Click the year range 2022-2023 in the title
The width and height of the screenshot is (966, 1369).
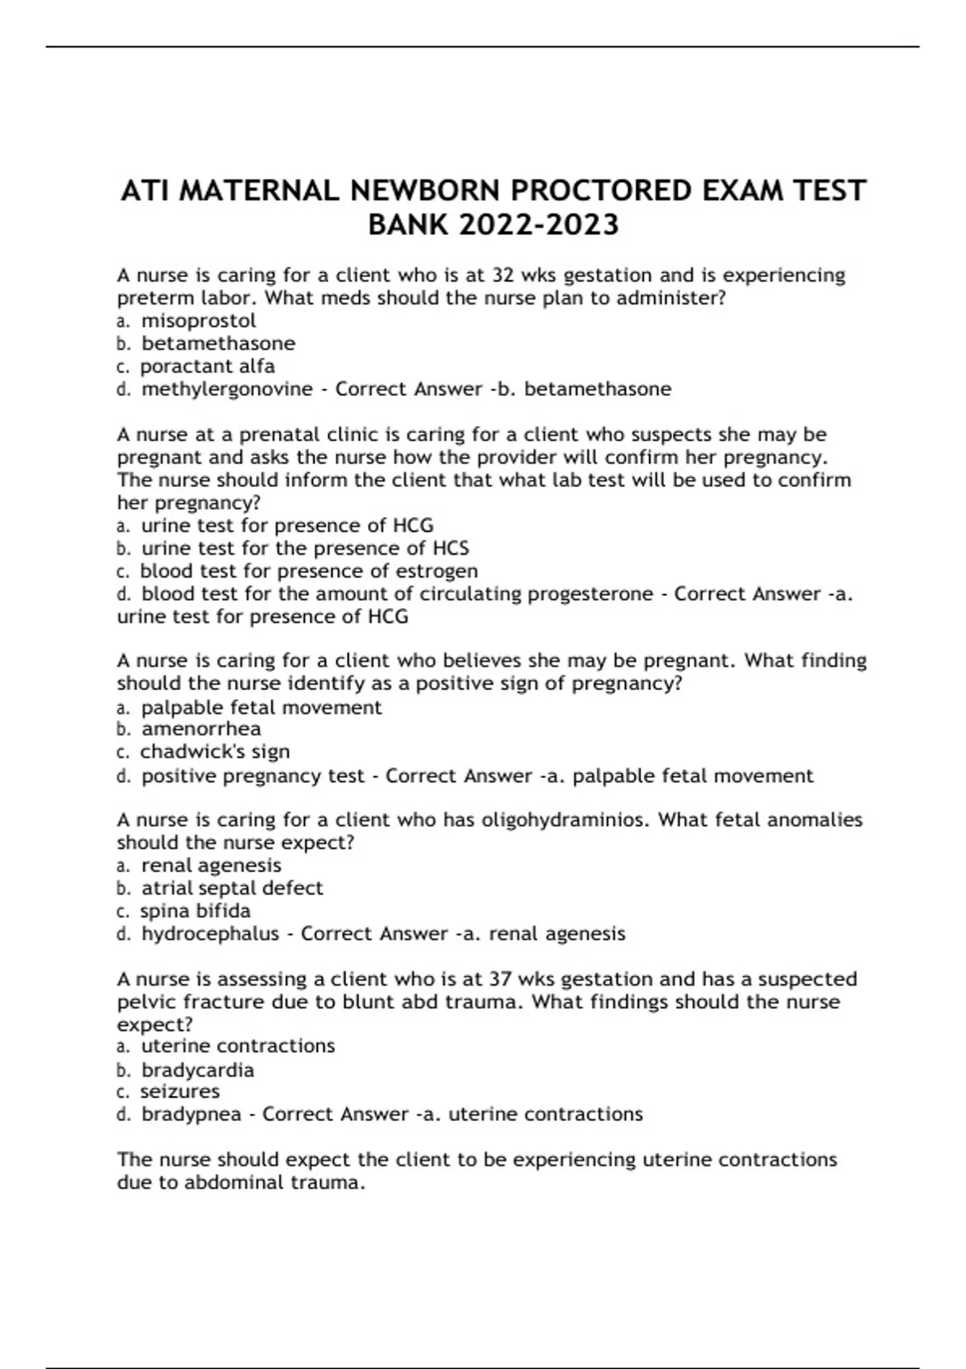pyautogui.click(x=539, y=225)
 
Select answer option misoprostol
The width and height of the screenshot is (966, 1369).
pyautogui.click(x=199, y=321)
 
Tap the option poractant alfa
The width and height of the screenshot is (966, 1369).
pyautogui.click(x=208, y=366)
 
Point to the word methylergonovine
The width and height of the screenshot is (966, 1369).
pyautogui.click(x=227, y=389)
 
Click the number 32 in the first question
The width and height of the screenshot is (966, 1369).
pyautogui.click(x=503, y=275)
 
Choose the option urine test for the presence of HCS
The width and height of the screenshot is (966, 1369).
pyautogui.click(x=305, y=548)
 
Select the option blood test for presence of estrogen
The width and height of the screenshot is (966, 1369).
pyautogui.click(x=309, y=571)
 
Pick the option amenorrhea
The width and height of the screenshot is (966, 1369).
pyautogui.click(x=201, y=729)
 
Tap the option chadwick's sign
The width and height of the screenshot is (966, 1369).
pyautogui.click(x=215, y=751)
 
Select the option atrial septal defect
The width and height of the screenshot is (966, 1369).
pyautogui.click(x=232, y=888)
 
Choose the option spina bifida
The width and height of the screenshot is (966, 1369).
pyautogui.click(x=196, y=911)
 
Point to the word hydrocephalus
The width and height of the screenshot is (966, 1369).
pyautogui.click(x=210, y=934)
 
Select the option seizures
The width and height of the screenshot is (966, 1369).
pyautogui.click(x=180, y=1091)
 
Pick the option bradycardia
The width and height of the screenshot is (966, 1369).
pyautogui.click(x=198, y=1070)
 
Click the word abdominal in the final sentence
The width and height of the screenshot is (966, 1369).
pyautogui.click(x=232, y=1183)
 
